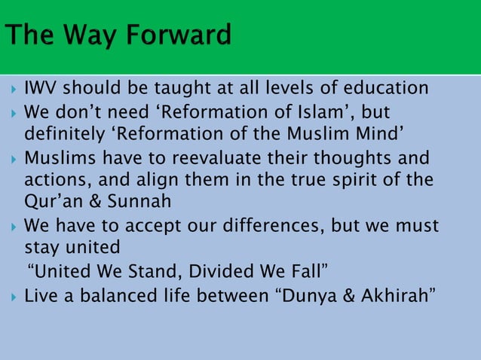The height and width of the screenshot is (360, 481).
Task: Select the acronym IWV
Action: coord(39,90)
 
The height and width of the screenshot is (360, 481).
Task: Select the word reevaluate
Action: coord(211,159)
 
